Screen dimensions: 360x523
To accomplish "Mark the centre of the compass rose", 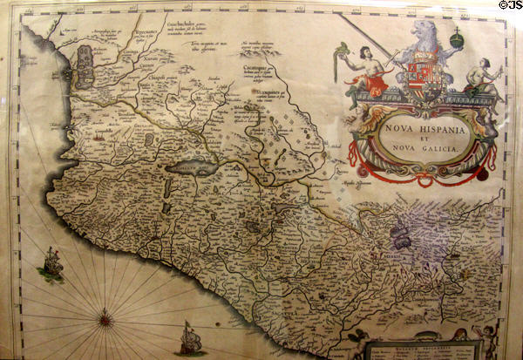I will [105, 319].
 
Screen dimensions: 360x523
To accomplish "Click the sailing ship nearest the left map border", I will [51, 265].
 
